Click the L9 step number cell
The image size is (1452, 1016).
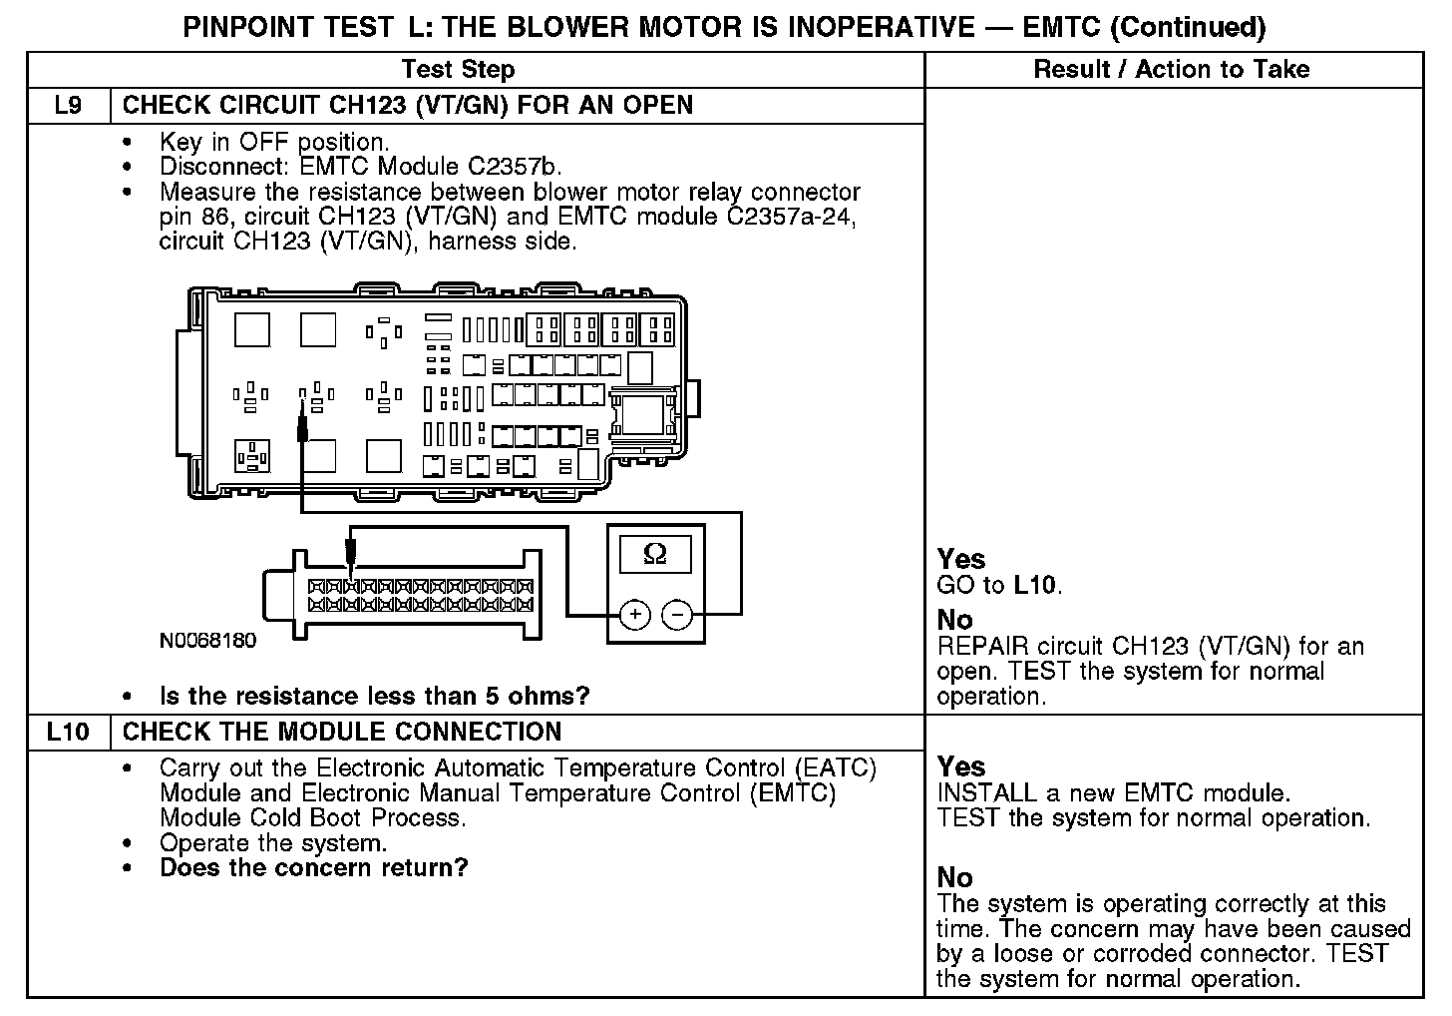68,105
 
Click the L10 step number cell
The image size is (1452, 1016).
68,732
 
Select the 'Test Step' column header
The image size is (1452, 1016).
458,69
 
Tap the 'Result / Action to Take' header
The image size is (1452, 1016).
1171,69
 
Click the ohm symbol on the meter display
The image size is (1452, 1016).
655,554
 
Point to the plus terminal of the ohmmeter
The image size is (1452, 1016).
635,615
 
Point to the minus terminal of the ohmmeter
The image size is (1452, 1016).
677,615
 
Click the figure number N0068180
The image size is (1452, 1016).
207,641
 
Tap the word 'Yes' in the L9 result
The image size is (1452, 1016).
961,559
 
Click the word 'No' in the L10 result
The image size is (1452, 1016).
955,877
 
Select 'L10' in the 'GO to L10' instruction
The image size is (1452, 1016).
1035,585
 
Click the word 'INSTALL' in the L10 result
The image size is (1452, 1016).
987,793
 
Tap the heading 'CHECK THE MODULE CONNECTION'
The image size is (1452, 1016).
342,732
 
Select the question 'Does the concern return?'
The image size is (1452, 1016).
313,867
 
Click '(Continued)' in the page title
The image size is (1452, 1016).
1188,27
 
